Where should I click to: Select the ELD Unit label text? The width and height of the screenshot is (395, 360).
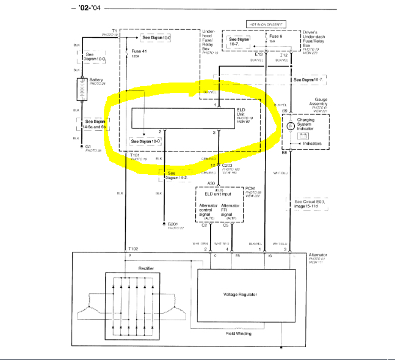point(244,112)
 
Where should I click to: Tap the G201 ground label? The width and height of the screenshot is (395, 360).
point(176,224)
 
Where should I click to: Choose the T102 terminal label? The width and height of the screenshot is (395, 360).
point(134,249)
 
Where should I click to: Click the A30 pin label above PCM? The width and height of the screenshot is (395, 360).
point(211,183)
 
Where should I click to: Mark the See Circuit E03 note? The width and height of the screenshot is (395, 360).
point(313,204)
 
